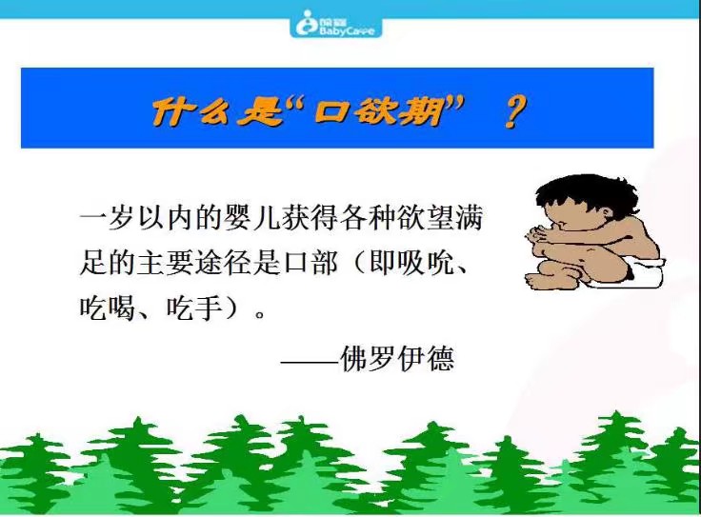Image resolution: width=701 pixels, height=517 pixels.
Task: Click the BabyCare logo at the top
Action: point(335,22)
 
